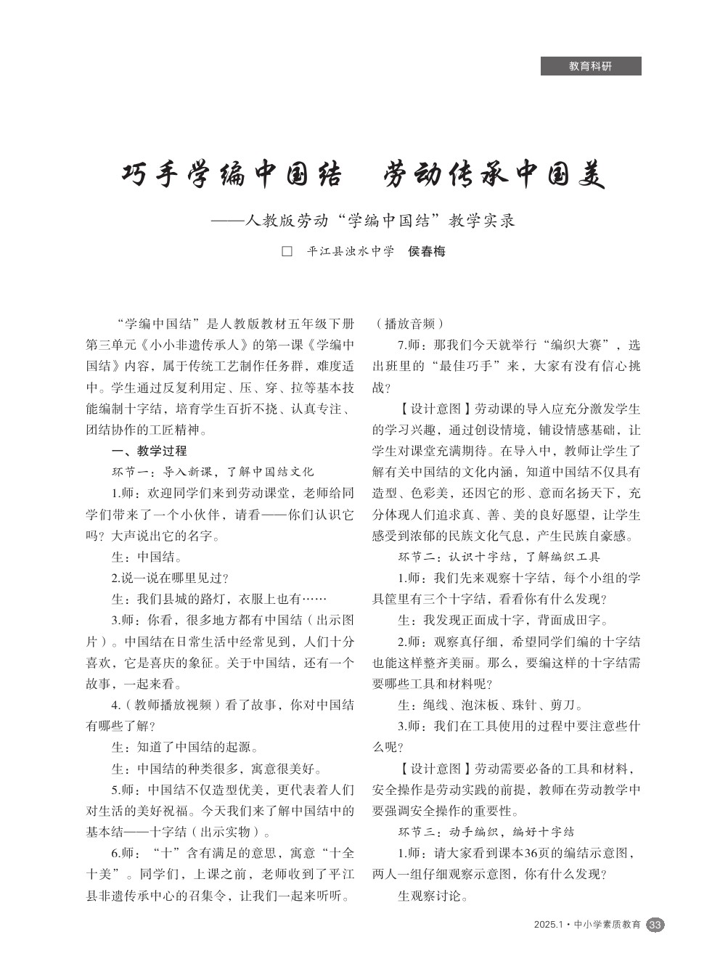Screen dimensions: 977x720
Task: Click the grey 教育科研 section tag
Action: coord(591,66)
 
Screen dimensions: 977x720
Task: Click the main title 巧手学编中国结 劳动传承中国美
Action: coord(362,175)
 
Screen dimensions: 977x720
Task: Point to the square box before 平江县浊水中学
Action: coord(287,252)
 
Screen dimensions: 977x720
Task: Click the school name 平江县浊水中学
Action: coord(351,252)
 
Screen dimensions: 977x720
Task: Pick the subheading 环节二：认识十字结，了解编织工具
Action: coord(499,557)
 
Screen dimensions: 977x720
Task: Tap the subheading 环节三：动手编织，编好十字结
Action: coord(486,832)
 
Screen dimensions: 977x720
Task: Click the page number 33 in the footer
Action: coord(655,925)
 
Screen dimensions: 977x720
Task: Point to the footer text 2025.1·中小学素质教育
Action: coord(587,925)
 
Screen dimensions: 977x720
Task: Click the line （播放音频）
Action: coord(409,324)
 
